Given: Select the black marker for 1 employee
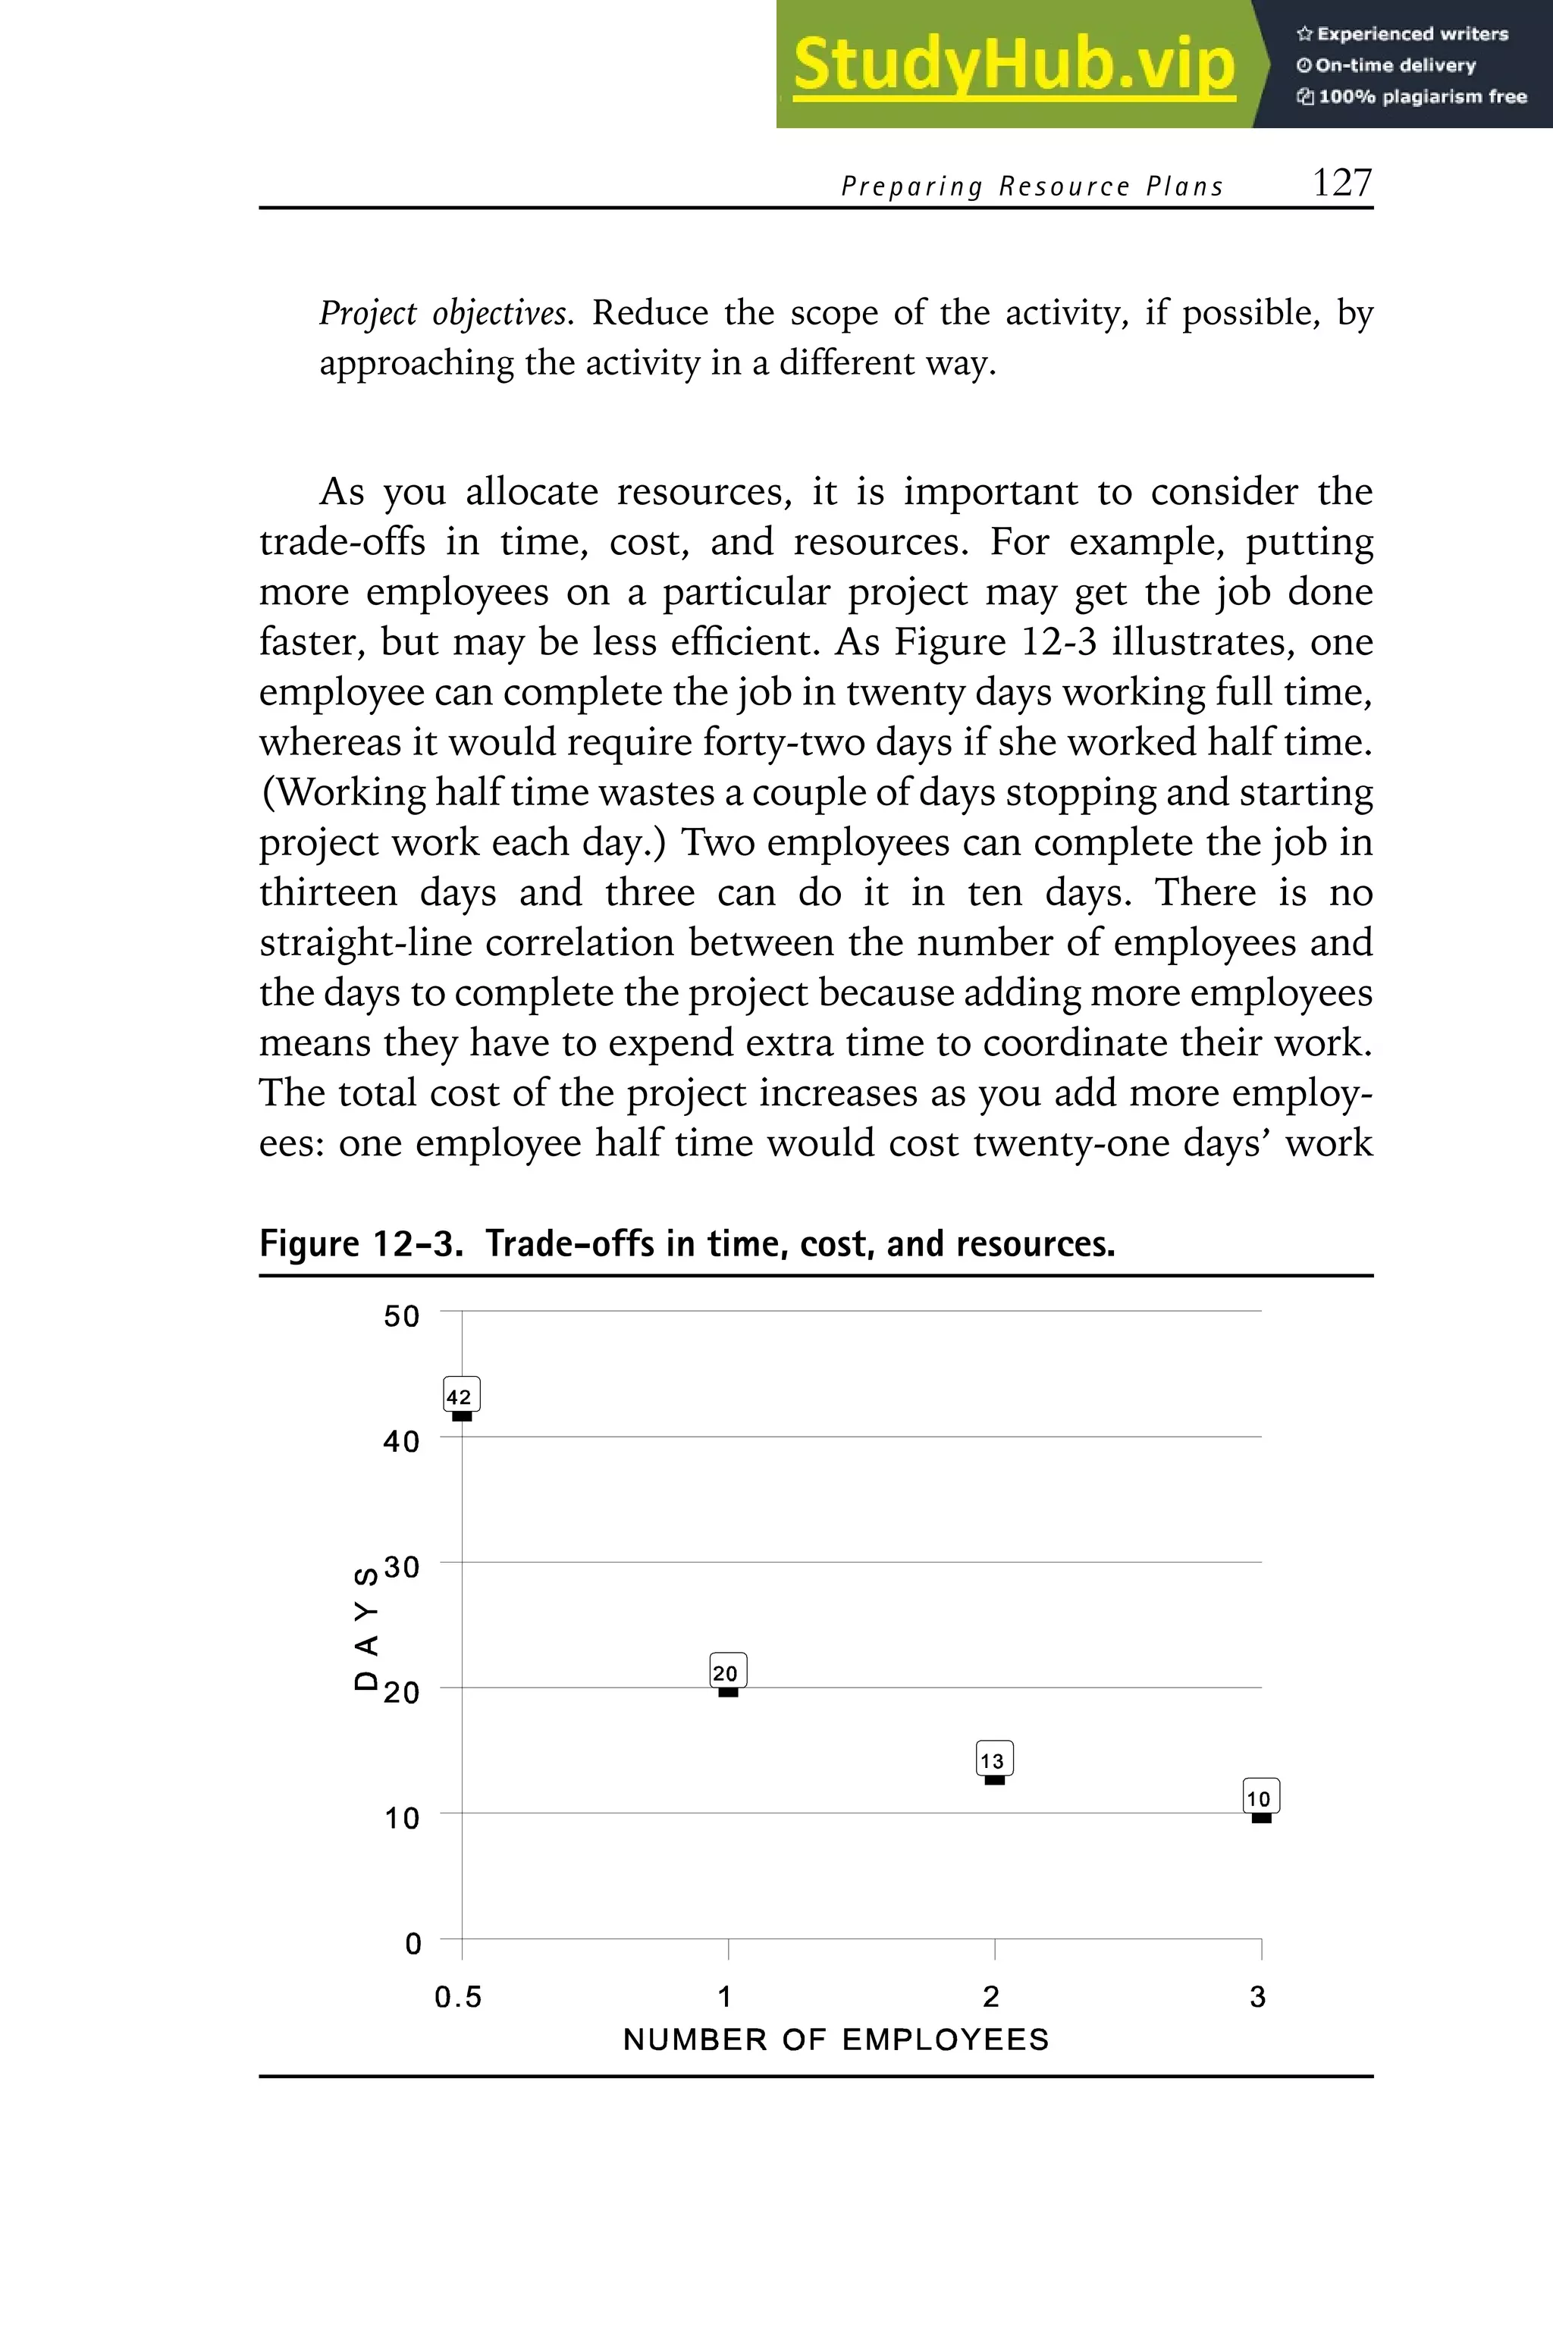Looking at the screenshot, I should tap(728, 1692).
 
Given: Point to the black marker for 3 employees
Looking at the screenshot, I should tap(1261, 1818).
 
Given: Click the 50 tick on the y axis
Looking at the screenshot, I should tap(401, 1316).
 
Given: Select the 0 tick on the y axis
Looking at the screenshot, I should tap(413, 1943).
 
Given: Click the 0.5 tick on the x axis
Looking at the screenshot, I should tap(457, 1997).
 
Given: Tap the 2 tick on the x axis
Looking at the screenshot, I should tap(991, 1997).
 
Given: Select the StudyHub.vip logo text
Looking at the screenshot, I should tap(1014, 64).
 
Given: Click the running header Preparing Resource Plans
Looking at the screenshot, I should tap(1032, 187).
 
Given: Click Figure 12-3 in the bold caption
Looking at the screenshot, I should tap(360, 1243).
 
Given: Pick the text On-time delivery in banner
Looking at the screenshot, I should tap(1395, 65).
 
